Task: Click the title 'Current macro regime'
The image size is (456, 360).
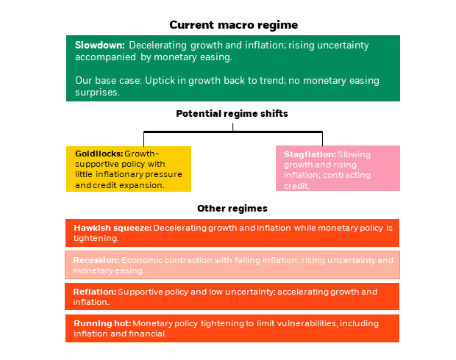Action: pos(234,25)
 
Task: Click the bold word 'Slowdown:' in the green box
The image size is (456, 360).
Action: pos(100,45)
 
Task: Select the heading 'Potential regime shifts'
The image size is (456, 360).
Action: pos(232,114)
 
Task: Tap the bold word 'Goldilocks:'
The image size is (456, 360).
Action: pos(99,154)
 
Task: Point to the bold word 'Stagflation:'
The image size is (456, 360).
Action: pos(310,154)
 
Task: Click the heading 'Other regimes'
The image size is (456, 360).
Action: pos(232,209)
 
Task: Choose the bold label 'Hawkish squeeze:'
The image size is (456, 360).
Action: pos(113,228)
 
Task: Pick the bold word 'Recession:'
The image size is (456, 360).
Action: pos(96,260)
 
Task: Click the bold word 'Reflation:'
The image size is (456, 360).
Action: pos(95,292)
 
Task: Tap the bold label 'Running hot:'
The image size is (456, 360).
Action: pos(102,323)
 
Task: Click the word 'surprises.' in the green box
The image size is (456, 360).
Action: pos(97,93)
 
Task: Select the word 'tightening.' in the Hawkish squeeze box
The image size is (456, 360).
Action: pos(96,238)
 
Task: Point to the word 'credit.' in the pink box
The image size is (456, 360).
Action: pos(296,186)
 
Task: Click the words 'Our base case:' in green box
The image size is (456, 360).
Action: pos(108,81)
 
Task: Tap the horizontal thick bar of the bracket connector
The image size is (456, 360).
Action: pos(233,132)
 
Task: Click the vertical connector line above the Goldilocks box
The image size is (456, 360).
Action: pos(143,140)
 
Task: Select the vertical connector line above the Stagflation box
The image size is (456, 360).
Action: pos(322,139)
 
